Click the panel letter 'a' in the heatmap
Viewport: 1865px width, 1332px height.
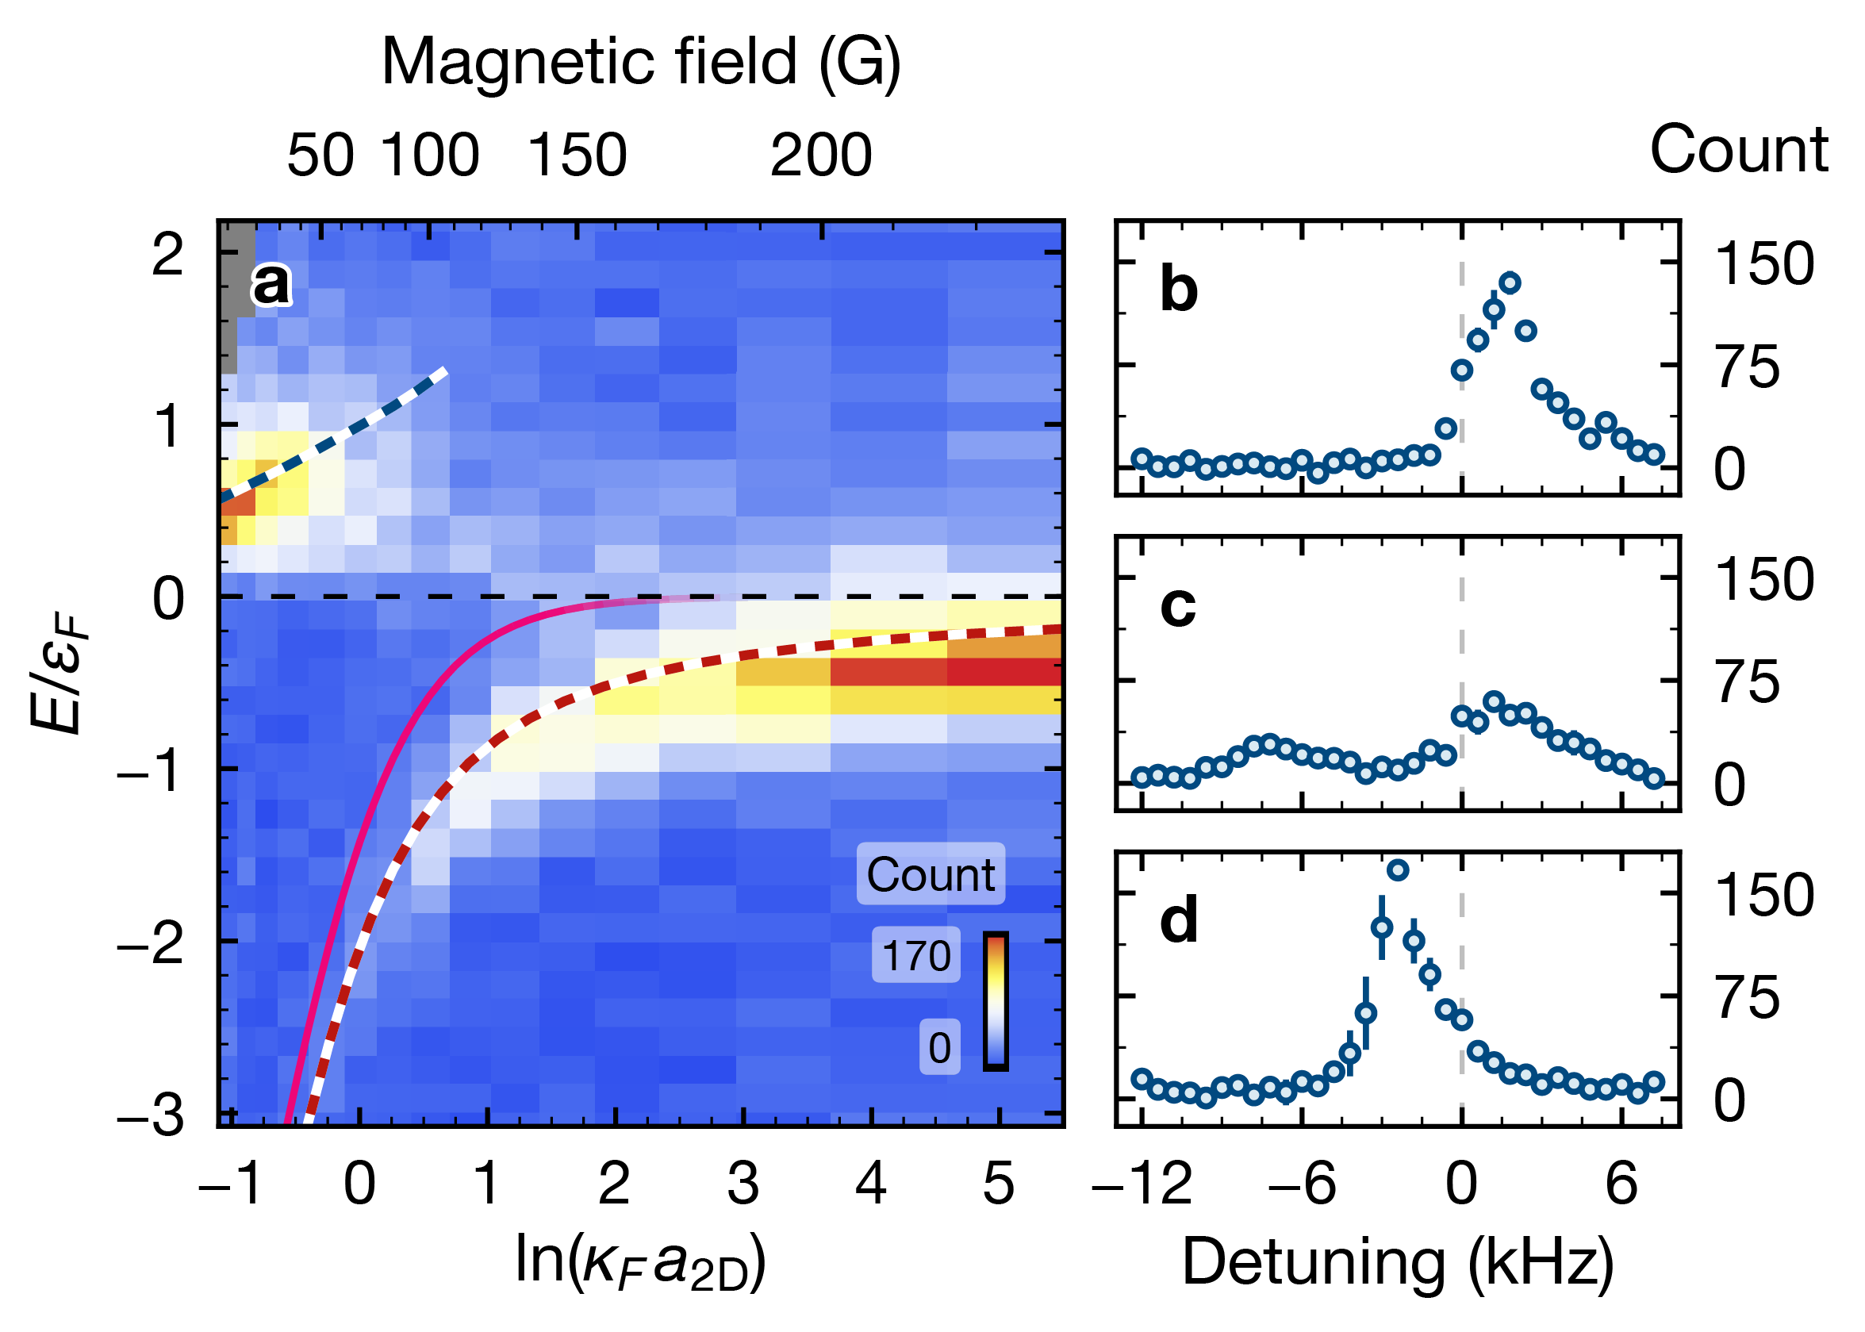click(271, 285)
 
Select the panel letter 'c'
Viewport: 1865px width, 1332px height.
click(1178, 606)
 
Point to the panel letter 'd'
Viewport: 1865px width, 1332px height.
click(1180, 920)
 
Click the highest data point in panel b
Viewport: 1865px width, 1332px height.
click(1510, 283)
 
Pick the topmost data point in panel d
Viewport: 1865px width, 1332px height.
click(1399, 870)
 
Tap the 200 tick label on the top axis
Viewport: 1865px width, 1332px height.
click(820, 155)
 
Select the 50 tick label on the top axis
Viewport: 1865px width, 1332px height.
click(320, 155)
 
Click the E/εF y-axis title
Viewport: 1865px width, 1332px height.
click(57, 677)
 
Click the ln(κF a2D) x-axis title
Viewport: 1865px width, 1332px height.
click(640, 1260)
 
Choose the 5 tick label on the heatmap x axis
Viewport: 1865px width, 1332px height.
click(998, 1184)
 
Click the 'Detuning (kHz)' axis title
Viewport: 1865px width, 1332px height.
click(1398, 1261)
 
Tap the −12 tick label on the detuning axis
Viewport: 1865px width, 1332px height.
click(1142, 1184)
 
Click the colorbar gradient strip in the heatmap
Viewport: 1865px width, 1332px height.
click(996, 1001)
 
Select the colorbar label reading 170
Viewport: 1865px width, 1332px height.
click(915, 955)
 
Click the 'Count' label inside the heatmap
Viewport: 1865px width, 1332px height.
click(930, 874)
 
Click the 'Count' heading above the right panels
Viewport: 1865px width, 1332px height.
click(1739, 149)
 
